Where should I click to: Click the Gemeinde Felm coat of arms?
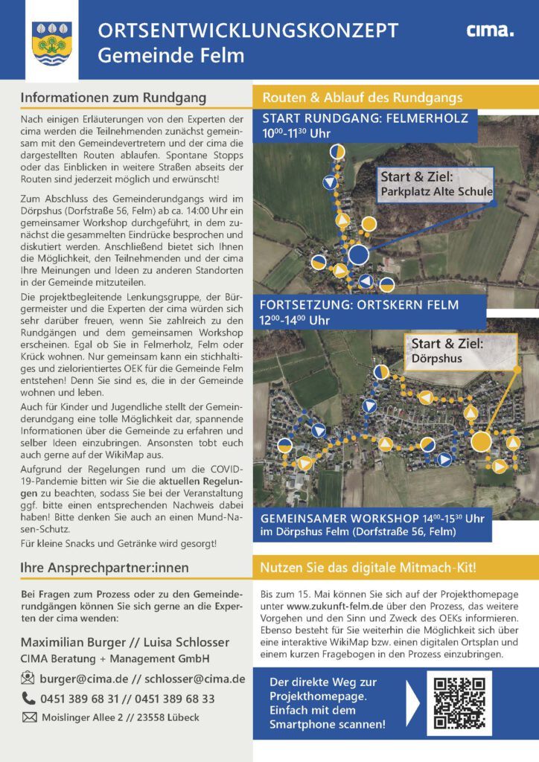[52, 42]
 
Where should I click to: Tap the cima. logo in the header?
[490, 31]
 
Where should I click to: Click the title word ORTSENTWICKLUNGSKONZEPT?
[248, 31]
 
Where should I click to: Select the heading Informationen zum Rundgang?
[113, 97]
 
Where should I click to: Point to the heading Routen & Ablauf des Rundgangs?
[363, 97]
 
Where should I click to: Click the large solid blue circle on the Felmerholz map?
[359, 254]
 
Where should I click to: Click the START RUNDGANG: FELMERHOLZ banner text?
[365, 119]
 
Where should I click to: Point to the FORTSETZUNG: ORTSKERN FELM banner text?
[360, 305]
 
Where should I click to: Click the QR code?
[459, 703]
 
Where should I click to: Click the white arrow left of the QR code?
[414, 703]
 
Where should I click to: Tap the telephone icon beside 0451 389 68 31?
[29, 698]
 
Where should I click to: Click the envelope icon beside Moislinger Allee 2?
[29, 717]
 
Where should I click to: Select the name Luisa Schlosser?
[194, 641]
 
